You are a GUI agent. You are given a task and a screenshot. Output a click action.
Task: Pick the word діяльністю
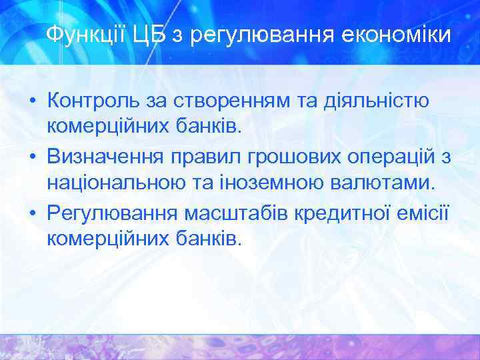pos(373,102)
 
